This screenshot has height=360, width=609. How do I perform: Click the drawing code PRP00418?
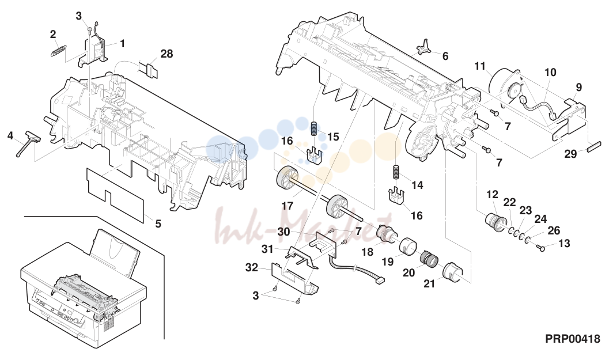click(x=573, y=339)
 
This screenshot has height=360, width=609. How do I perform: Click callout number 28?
click(x=167, y=54)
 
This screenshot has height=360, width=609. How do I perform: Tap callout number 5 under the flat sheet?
click(x=158, y=223)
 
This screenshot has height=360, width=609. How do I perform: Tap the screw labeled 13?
click(x=540, y=247)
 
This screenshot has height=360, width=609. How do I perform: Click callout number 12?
click(x=492, y=194)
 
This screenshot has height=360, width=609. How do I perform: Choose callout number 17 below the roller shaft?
click(x=287, y=206)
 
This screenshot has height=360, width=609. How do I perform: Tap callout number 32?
click(x=252, y=268)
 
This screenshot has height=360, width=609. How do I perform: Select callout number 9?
click(x=578, y=88)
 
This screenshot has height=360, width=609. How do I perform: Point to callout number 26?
click(x=554, y=230)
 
